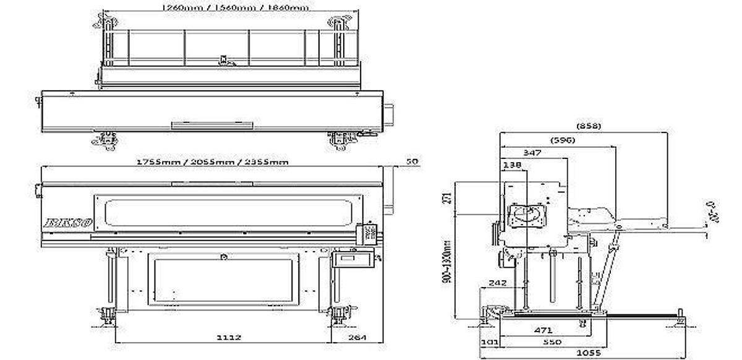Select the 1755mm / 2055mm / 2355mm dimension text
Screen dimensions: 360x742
213,161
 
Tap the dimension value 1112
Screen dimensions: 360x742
229,338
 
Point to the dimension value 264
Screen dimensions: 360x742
357,338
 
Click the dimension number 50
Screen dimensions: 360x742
412,161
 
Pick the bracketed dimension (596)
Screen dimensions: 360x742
563,140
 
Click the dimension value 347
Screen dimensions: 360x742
532,152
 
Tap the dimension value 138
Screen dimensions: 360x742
513,165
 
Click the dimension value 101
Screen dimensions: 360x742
489,341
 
